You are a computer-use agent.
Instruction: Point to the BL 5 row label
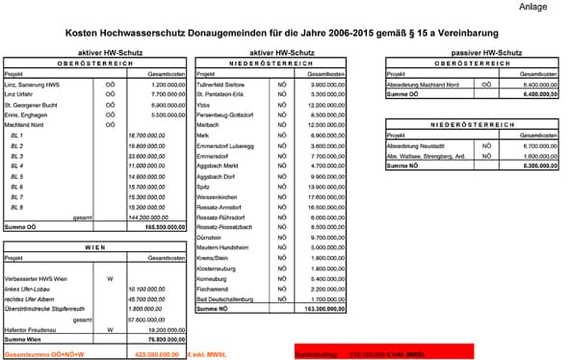tap(15, 177)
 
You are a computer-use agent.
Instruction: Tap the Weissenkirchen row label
tap(218, 196)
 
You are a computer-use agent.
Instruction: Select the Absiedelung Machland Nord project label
tap(423, 85)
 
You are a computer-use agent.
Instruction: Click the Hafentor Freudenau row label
tap(33, 329)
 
